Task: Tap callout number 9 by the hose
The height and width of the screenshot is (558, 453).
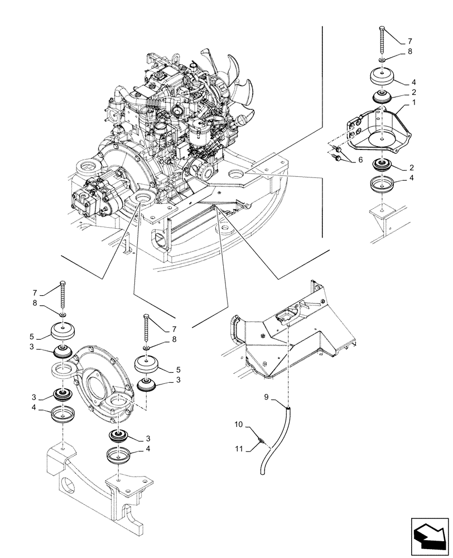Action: [267, 397]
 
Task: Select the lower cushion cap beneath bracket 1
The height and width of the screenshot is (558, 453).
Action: [382, 184]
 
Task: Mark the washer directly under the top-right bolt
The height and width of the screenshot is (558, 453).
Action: [381, 60]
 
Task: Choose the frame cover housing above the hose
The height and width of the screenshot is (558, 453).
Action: [290, 329]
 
